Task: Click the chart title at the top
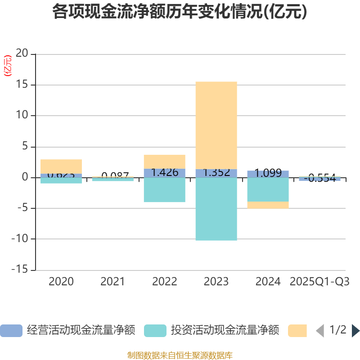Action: [180, 12]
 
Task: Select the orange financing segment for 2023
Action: [216, 125]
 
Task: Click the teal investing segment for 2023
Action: [216, 209]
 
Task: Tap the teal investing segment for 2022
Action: [164, 190]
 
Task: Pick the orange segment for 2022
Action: [164, 161]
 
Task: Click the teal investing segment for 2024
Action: [268, 189]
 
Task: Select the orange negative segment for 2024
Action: [268, 205]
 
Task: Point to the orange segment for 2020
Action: [61, 166]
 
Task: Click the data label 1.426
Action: [164, 172]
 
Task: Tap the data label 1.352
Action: [216, 173]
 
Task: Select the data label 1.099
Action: [268, 173]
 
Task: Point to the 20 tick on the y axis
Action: [22, 54]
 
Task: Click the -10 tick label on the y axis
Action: [20, 239]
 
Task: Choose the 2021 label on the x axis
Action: [112, 282]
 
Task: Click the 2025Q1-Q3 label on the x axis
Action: [319, 282]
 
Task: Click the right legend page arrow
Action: [355, 331]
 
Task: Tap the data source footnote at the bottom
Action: [180, 355]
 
